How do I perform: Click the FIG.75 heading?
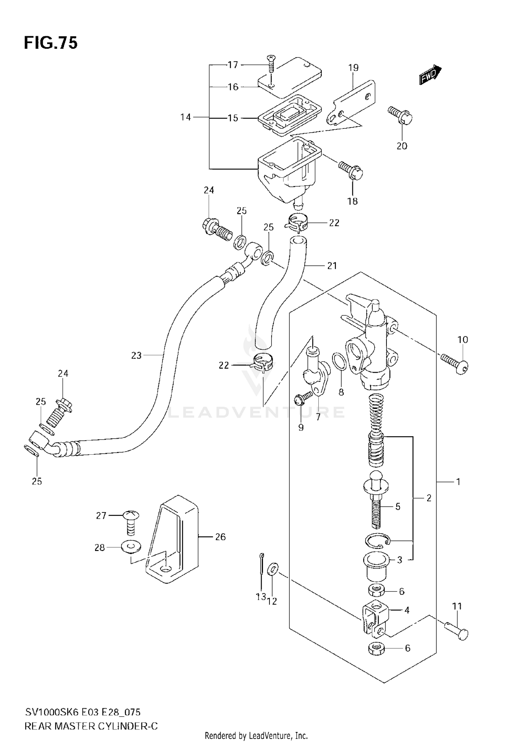tap(51, 43)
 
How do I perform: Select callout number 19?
tap(354, 68)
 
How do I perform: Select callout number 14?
tap(185, 118)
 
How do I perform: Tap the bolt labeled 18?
tap(351, 170)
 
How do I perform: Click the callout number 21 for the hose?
tap(332, 265)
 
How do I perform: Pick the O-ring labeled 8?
tap(339, 362)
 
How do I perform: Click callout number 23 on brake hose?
tap(136, 356)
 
